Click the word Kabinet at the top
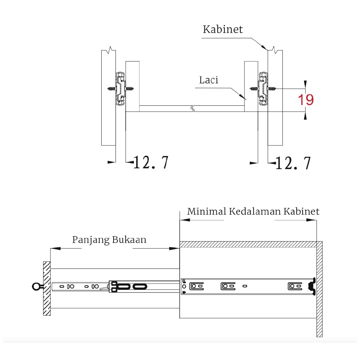[223, 30]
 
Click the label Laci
[208, 80]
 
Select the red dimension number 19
[306, 100]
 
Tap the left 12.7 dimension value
[151, 163]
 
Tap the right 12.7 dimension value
[293, 163]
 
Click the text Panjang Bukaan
[109, 240]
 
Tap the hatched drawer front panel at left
[46, 288]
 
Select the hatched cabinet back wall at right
[319, 289]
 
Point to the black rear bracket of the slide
[311, 286]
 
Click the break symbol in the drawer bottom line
[192, 109]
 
